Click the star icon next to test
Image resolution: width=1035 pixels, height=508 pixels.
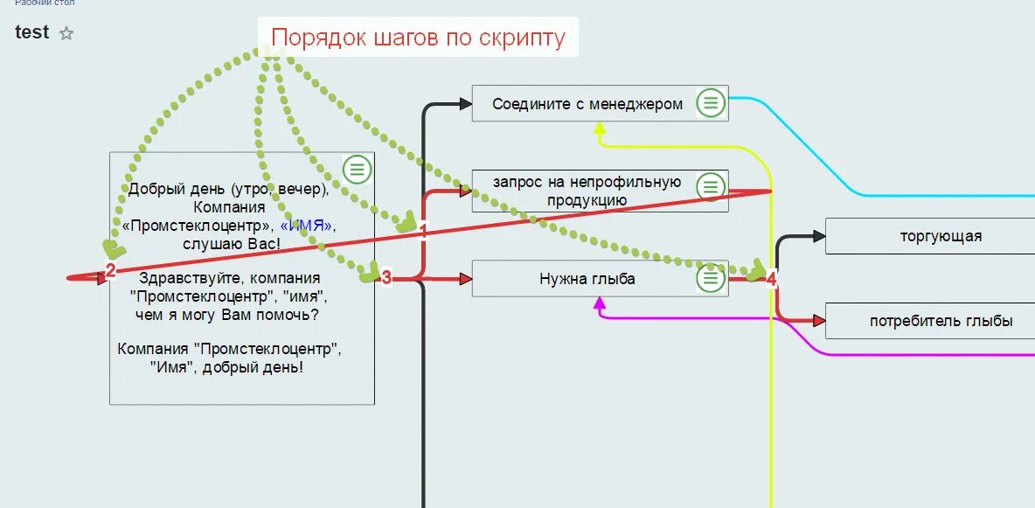(66, 34)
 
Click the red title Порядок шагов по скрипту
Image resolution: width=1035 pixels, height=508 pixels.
(418, 38)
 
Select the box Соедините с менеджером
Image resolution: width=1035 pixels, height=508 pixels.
(587, 104)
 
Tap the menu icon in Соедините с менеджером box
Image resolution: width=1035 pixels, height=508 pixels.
(711, 103)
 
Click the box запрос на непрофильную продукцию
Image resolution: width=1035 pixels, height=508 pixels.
(587, 191)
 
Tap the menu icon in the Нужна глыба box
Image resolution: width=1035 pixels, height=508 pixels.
(711, 279)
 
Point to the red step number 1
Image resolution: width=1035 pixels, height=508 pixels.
(424, 231)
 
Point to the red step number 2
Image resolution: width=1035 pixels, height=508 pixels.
(111, 271)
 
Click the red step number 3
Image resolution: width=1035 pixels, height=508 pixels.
(386, 279)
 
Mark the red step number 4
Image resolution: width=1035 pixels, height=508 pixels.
(771, 280)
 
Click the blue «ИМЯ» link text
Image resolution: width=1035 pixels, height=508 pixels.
(306, 226)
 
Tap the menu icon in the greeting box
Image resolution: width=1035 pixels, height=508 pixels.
(357, 169)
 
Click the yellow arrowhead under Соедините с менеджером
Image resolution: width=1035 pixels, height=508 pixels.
(600, 129)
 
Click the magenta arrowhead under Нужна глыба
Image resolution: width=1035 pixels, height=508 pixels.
(600, 304)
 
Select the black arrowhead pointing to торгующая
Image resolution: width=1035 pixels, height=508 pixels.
(818, 236)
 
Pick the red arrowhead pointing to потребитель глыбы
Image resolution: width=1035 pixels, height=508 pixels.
(818, 321)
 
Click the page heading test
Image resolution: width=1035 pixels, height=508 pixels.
(32, 32)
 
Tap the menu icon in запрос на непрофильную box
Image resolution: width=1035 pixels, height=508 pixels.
(711, 186)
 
